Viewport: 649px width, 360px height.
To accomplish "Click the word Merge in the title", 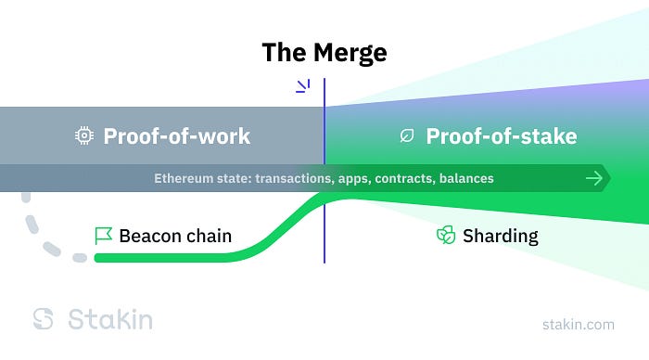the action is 350,54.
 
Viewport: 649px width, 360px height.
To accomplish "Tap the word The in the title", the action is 285,52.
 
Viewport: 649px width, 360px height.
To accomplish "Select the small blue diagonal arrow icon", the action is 303,86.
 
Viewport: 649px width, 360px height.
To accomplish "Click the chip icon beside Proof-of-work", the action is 84,135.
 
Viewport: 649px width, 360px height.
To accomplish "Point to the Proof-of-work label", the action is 177,135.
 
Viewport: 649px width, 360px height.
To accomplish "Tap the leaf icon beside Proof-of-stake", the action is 407,135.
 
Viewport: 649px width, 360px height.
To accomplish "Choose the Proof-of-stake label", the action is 502,135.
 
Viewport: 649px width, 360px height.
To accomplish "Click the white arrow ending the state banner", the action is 594,178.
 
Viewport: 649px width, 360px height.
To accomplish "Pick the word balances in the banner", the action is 466,178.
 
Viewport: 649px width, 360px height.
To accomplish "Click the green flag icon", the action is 103,236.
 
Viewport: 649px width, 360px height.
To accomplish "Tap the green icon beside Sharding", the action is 446,235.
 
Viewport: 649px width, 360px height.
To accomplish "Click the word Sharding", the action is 501,237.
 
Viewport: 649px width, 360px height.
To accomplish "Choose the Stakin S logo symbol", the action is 43,318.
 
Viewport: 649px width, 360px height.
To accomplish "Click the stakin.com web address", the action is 579,325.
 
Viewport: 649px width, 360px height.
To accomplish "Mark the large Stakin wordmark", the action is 110,319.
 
